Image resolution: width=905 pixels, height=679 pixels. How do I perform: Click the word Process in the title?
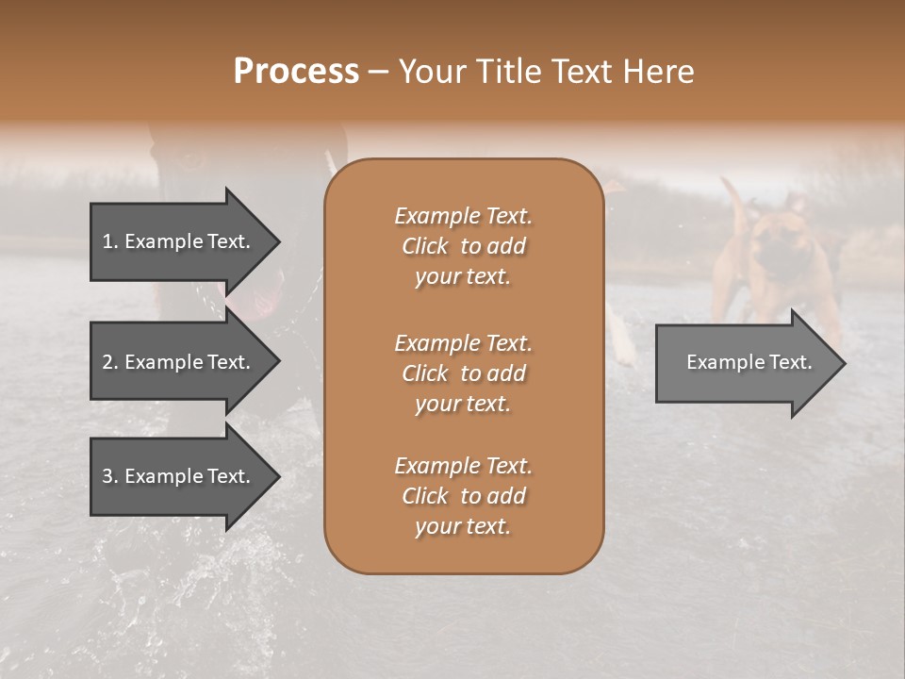[x=296, y=72]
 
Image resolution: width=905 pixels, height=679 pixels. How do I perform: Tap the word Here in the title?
[x=659, y=72]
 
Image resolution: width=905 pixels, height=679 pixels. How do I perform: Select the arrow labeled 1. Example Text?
[x=179, y=241]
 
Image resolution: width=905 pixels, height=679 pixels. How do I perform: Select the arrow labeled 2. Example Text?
[x=179, y=362]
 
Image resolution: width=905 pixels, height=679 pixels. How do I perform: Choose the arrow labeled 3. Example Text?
[x=179, y=476]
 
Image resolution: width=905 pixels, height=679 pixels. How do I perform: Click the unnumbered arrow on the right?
[x=745, y=362]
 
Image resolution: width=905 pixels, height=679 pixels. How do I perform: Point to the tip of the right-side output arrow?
[x=844, y=363]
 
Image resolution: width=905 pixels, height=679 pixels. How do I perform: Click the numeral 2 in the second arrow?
[x=107, y=362]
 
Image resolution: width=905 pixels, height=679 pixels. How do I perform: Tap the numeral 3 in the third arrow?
[x=107, y=476]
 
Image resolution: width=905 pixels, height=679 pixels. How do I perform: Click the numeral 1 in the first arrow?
[x=107, y=241]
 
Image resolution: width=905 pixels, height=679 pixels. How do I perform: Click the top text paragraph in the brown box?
[x=463, y=246]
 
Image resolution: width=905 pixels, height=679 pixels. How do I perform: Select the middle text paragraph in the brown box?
[x=463, y=373]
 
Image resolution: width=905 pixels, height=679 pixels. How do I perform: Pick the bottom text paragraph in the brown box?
[x=463, y=496]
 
